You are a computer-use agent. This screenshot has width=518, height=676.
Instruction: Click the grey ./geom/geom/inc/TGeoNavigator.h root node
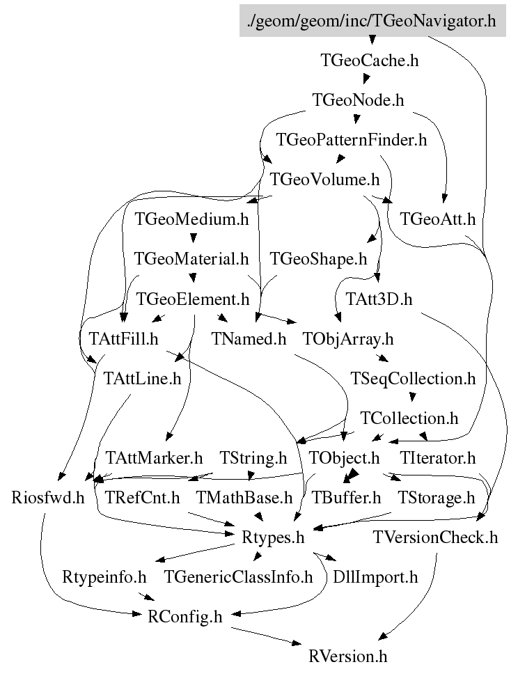(x=371, y=21)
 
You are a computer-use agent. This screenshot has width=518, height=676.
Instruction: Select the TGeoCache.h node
(x=370, y=61)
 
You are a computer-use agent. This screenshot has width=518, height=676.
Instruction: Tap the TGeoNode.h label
(x=359, y=100)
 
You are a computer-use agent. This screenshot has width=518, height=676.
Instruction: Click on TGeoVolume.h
(x=324, y=180)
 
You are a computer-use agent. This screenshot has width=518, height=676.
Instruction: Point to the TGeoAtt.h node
(x=438, y=220)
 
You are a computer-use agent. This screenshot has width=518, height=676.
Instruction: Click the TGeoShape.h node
(x=318, y=260)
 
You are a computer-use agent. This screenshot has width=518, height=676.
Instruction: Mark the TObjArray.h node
(x=348, y=339)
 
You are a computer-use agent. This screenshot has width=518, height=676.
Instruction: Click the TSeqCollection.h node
(x=414, y=379)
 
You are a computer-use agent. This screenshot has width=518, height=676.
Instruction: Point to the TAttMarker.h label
(x=154, y=458)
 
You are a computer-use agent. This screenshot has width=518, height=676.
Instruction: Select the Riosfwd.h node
(x=48, y=498)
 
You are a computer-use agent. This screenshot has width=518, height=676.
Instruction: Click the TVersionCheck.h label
(x=436, y=537)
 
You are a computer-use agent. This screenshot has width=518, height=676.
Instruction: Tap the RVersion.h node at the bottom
(x=348, y=656)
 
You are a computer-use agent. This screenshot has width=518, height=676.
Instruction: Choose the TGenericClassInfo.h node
(x=239, y=577)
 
